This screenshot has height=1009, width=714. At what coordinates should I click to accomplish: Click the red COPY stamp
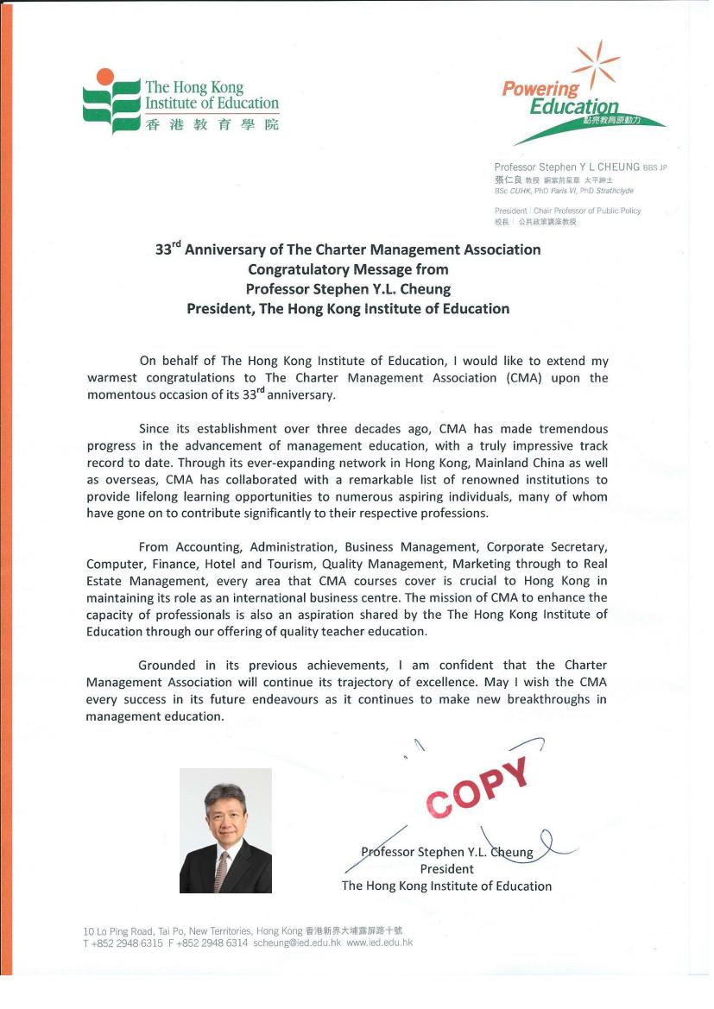click(477, 788)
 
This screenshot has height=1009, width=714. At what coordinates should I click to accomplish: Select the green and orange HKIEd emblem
click(111, 99)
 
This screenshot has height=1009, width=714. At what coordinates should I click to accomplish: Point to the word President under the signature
click(446, 869)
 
